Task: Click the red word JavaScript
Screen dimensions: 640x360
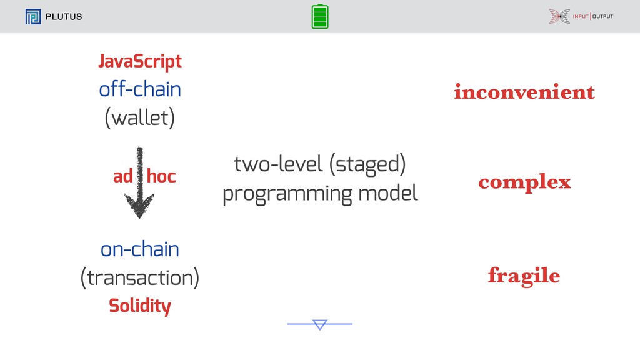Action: tap(140, 62)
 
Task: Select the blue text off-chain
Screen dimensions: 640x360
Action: tap(140, 89)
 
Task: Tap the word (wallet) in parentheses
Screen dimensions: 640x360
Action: tap(140, 118)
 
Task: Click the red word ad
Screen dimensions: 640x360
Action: tap(123, 176)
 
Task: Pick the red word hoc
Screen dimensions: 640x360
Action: tap(161, 176)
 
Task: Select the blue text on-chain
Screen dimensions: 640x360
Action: tap(140, 249)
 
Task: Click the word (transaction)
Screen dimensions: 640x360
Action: tap(140, 278)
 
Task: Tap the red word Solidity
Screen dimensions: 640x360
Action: tap(140, 306)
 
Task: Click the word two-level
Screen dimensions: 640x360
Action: tap(278, 164)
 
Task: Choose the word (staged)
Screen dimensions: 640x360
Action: tap(367, 164)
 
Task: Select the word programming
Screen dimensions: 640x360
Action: tap(287, 194)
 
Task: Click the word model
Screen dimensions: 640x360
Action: tap(388, 192)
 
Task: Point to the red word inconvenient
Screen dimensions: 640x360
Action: tap(524, 92)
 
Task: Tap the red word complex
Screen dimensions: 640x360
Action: tap(524, 182)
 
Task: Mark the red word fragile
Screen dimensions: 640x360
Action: tap(524, 276)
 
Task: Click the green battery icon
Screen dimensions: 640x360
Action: tap(320, 17)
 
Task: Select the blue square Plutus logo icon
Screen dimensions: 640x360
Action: tap(33, 17)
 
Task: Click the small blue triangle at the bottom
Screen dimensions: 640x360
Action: tap(320, 324)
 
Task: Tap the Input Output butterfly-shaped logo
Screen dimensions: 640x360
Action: tap(559, 16)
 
